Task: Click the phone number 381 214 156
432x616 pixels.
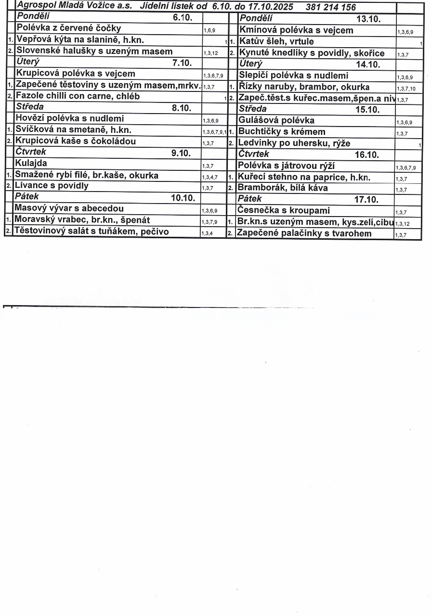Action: point(330,7)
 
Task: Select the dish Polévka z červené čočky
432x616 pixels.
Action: point(68,28)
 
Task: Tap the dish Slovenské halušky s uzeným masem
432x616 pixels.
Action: point(94,51)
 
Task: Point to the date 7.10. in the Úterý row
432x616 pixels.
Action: point(182,63)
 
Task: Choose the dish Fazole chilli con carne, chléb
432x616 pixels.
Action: point(78,96)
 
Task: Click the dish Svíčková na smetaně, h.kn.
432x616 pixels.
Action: point(73,130)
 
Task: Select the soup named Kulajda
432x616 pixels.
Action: point(31,164)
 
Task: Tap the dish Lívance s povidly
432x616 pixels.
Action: point(52,186)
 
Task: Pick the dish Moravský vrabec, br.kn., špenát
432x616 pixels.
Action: point(82,220)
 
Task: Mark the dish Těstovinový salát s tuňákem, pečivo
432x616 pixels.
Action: point(92,231)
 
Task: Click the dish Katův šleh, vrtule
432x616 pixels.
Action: point(276,41)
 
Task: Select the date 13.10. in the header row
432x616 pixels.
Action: point(368,19)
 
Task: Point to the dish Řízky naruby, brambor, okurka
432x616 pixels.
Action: point(304,87)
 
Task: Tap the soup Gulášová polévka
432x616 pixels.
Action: point(276,120)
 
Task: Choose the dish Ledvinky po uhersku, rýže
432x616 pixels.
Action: point(294,143)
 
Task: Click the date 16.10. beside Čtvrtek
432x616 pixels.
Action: point(367,155)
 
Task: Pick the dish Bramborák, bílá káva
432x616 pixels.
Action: point(283,188)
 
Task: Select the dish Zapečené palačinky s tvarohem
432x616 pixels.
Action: point(304,234)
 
